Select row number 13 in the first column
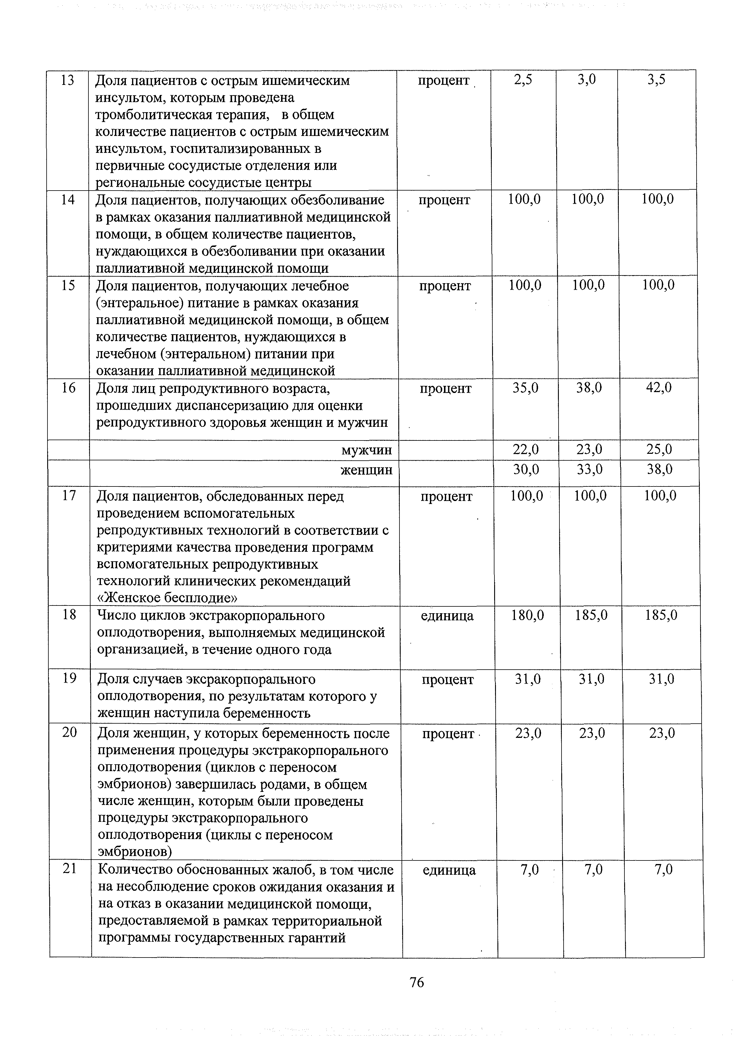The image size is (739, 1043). (67, 80)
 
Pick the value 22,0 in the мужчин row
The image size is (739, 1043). (526, 450)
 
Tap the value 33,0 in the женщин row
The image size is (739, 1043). (589, 469)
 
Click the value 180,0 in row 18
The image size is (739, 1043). (527, 616)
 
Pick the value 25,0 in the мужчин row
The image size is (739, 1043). (659, 450)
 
